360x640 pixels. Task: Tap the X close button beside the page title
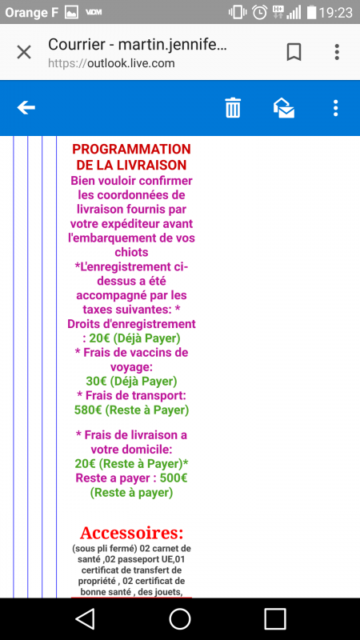click(24, 52)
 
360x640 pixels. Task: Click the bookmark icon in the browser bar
click(294, 52)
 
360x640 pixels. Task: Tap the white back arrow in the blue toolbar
click(26, 108)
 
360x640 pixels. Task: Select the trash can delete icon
click(233, 108)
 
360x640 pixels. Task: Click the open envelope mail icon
click(284, 108)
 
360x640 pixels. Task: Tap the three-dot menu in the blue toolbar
click(335, 108)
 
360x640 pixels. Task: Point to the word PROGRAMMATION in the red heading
click(131, 150)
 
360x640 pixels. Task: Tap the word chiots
click(131, 252)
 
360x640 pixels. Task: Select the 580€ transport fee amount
click(88, 410)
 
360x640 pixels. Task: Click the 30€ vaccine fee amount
click(96, 382)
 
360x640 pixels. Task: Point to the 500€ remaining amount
click(174, 478)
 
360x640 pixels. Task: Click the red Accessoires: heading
click(131, 533)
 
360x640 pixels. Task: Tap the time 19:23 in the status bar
click(335, 12)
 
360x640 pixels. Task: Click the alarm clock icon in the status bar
click(259, 12)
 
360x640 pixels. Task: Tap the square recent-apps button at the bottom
click(275, 618)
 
